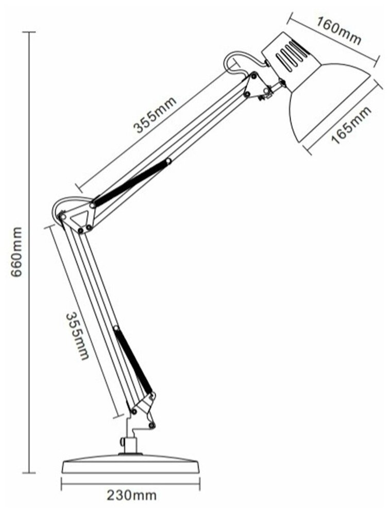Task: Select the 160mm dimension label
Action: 339,31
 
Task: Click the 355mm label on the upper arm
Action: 156,114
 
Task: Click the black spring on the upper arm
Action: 131,182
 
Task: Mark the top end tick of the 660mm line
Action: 29,32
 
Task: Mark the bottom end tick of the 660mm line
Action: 29,473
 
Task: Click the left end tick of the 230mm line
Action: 62,485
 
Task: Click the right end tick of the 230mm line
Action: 200,485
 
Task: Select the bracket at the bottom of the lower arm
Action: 144,409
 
